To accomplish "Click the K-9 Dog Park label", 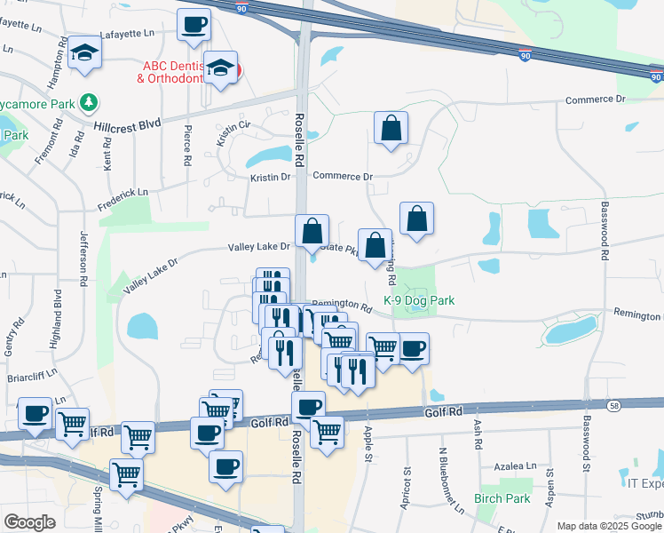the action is click(419, 301).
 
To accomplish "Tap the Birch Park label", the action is click(502, 499).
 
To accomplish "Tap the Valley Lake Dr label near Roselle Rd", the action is click(259, 246).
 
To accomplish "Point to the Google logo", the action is click(29, 522).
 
